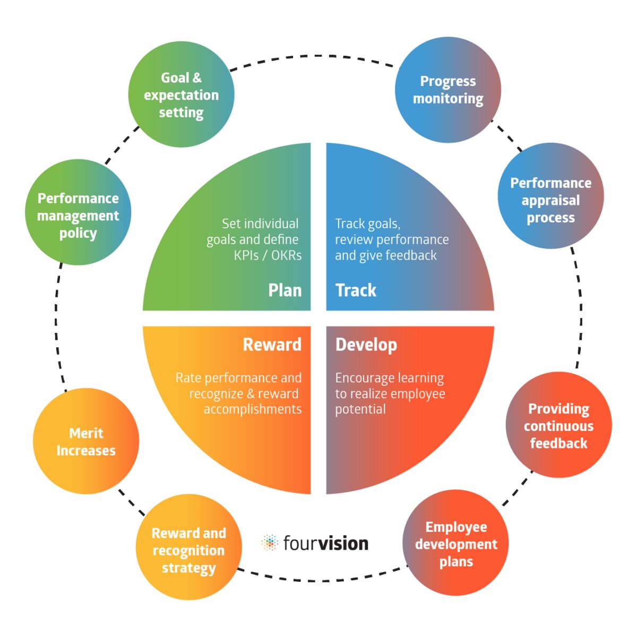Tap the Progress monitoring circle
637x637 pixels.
(x=448, y=90)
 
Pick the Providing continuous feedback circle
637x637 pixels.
(x=558, y=425)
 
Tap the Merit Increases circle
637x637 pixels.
(x=86, y=441)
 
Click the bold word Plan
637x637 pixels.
(x=285, y=290)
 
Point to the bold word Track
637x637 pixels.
(x=356, y=290)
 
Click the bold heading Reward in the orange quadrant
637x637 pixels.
(x=272, y=345)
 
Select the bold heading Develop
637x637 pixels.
(x=366, y=345)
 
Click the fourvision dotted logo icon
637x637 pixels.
(x=270, y=543)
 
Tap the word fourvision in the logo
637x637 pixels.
(x=325, y=543)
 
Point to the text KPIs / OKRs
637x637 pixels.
(x=268, y=255)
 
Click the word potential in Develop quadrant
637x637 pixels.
(x=360, y=409)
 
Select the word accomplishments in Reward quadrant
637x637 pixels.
(x=253, y=409)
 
